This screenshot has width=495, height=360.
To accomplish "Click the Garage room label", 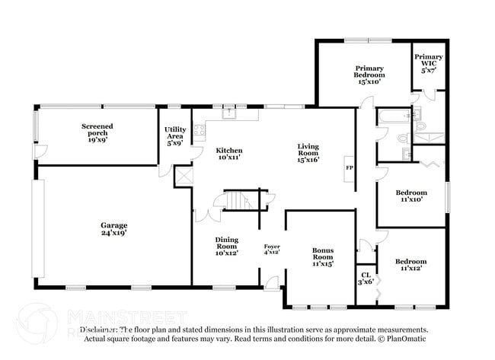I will point(113,229).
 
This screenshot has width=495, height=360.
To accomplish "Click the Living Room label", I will point(308,154).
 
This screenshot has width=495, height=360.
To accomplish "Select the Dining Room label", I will point(226,246).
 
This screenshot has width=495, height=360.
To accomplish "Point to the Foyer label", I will point(272,249).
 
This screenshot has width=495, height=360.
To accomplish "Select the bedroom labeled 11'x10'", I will point(410,196).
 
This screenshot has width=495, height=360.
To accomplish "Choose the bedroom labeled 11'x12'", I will point(410,264).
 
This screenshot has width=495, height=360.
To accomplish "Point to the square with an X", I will point(183,176).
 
